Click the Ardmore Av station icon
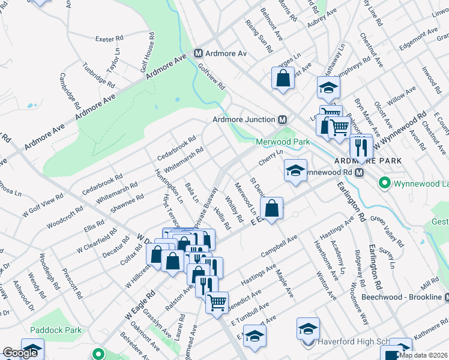point(199,53)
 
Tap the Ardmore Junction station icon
point(282,119)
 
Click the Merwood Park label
point(282,142)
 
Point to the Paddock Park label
point(56,330)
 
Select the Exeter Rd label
point(109,39)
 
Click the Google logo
point(20,353)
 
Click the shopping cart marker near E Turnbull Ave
point(217,301)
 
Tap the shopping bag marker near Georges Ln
point(283,77)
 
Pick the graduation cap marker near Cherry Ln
point(295,169)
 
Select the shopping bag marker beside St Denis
point(272,208)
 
